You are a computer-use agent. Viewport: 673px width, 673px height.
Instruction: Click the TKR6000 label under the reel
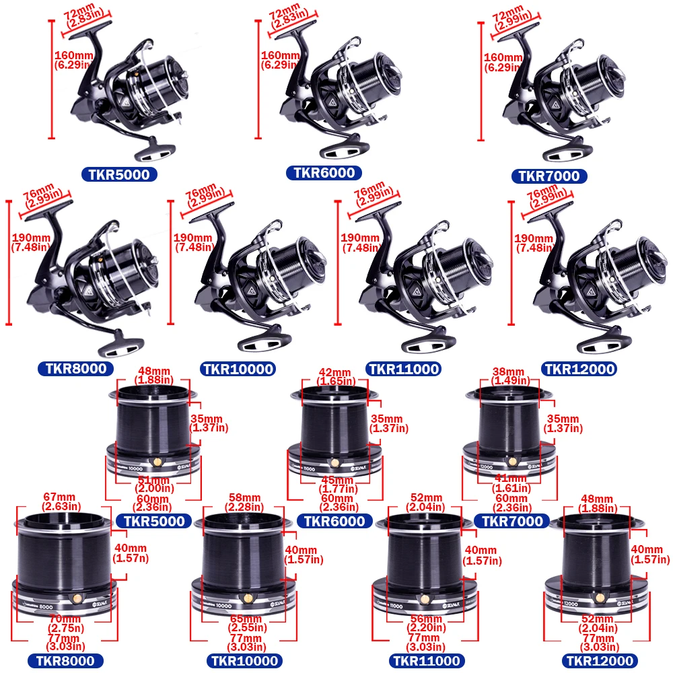point(324,173)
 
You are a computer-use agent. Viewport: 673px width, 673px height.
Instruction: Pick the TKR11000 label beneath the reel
point(403,369)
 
